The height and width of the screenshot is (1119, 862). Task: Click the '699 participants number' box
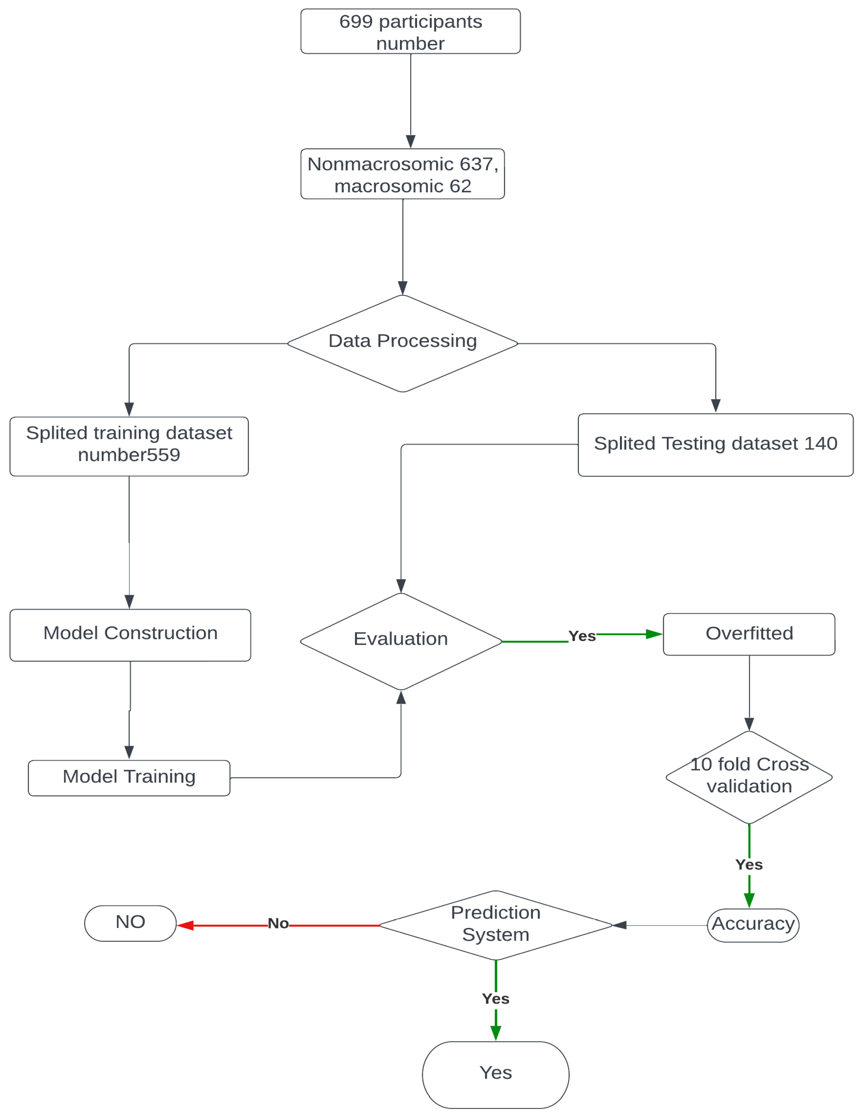pyautogui.click(x=410, y=31)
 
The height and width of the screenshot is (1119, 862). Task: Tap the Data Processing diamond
pyautogui.click(x=403, y=343)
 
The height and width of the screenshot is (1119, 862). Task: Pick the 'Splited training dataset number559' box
pyautogui.click(x=129, y=446)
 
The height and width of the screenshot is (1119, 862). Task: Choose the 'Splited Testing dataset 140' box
pyautogui.click(x=716, y=445)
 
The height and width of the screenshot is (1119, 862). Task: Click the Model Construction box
pyautogui.click(x=130, y=635)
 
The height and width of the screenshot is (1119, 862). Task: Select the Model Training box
pyautogui.click(x=129, y=778)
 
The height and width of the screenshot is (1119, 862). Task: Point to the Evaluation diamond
pyautogui.click(x=401, y=642)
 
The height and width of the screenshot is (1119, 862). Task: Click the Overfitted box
pyautogui.click(x=749, y=634)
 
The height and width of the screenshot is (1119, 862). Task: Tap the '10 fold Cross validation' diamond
pyautogui.click(x=749, y=777)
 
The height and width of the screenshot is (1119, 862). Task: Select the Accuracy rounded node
pyautogui.click(x=753, y=925)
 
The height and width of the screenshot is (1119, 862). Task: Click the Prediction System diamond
pyautogui.click(x=496, y=925)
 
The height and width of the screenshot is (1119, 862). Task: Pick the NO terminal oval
pyautogui.click(x=130, y=923)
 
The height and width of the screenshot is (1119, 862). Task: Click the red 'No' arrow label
pyautogui.click(x=278, y=923)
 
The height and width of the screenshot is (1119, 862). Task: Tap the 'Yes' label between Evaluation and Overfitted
pyautogui.click(x=582, y=636)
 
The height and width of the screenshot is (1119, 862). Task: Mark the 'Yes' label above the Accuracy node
pyautogui.click(x=749, y=865)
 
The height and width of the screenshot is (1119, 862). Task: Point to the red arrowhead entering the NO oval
pyautogui.click(x=185, y=925)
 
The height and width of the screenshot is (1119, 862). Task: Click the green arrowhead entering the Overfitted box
pyautogui.click(x=654, y=634)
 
